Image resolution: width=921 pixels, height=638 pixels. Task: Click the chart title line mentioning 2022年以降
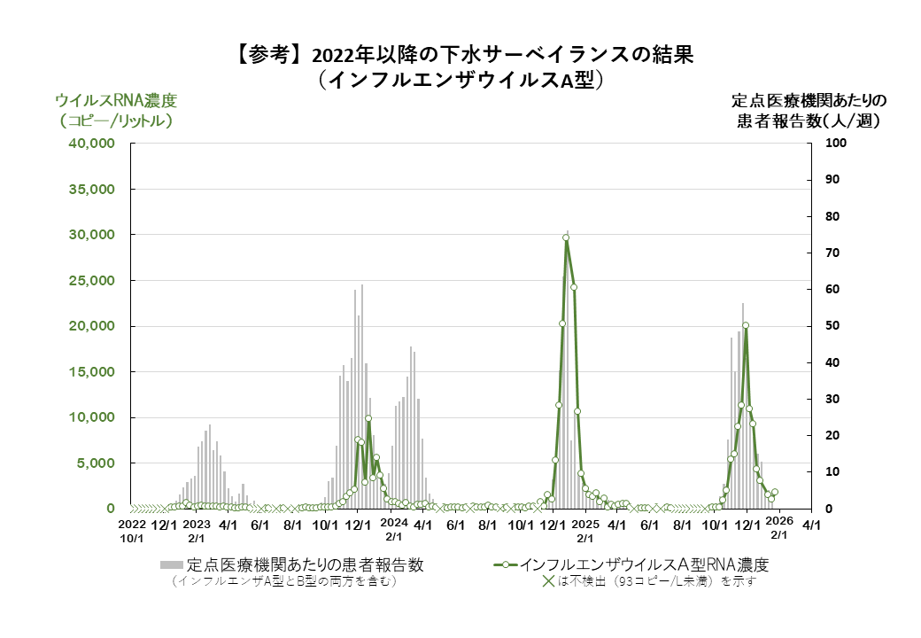(460, 55)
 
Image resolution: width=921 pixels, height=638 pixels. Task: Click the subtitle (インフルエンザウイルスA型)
(460, 80)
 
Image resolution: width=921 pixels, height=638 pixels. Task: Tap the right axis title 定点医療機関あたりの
(809, 99)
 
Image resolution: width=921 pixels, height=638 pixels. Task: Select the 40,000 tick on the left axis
(91, 144)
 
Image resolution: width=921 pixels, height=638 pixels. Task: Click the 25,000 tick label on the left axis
(91, 281)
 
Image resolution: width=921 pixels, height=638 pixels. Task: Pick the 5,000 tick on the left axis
(95, 463)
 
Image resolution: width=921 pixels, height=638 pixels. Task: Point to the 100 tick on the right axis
(836, 144)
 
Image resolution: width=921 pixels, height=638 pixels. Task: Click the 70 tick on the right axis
(832, 253)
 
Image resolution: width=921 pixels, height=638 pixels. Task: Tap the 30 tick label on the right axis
(832, 400)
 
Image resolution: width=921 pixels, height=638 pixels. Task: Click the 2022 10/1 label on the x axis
(131, 530)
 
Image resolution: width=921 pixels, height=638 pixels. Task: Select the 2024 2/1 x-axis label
(393, 530)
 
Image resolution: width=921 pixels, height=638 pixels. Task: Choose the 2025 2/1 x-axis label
(585, 530)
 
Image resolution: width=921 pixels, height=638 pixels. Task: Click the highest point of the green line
(566, 237)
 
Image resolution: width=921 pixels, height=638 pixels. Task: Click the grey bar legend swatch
(172, 564)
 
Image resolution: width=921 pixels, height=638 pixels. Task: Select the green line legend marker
(506, 564)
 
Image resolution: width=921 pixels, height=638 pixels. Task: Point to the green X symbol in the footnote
(548, 582)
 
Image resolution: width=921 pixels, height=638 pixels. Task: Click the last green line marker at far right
(775, 492)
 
